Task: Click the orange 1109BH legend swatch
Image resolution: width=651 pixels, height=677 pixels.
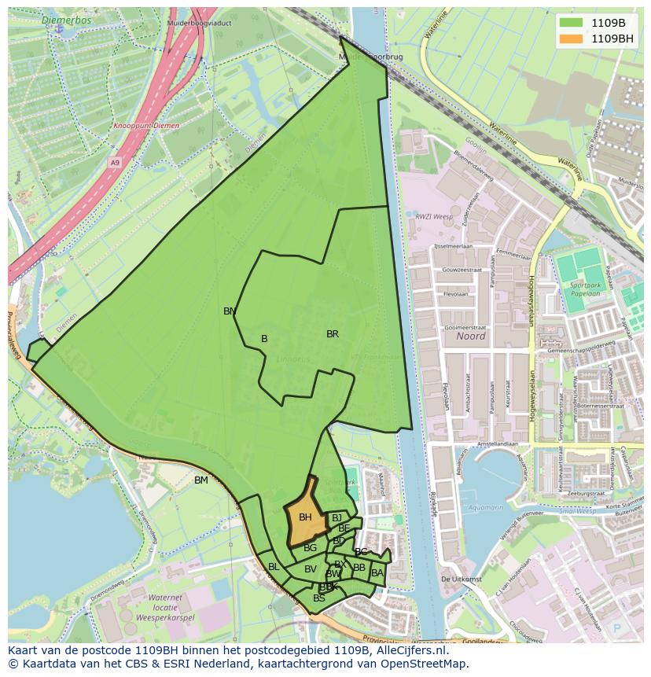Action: coord(572,39)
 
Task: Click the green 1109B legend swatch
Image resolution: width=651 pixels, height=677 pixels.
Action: coord(572,23)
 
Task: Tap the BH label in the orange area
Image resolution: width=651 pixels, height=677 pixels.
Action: coord(305,517)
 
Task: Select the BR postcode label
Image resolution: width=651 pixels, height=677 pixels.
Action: coord(333,334)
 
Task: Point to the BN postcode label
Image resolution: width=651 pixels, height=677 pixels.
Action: coord(230,311)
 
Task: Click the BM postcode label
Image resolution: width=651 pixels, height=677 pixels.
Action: coord(201,480)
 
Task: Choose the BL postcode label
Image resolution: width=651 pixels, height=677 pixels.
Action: coord(274,567)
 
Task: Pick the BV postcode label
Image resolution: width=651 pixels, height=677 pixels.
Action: coord(311,569)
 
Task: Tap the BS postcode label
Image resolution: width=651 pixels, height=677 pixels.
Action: coord(318,598)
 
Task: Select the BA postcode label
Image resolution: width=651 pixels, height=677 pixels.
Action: coord(377,573)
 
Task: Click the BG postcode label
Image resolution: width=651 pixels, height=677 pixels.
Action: coord(310,548)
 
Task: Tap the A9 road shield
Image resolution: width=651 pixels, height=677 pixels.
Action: coord(116,163)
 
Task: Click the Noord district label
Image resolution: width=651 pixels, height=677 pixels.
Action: coord(470,336)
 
